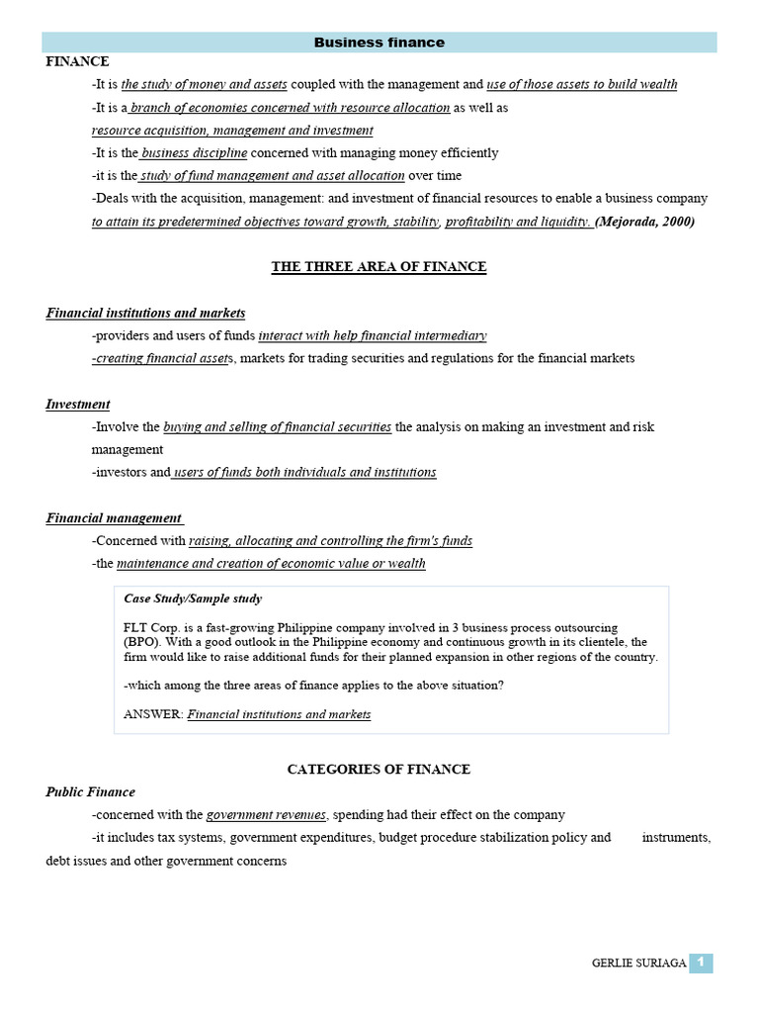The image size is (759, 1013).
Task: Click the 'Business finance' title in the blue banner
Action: pyautogui.click(x=379, y=43)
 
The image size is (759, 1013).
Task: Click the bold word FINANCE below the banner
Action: pyautogui.click(x=77, y=61)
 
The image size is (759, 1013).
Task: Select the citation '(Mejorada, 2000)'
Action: pyautogui.click(x=645, y=222)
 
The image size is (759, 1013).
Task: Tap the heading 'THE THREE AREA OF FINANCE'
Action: pyautogui.click(x=379, y=267)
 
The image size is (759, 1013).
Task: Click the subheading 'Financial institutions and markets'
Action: pyautogui.click(x=145, y=313)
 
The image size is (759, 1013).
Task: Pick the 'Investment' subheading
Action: pyautogui.click(x=78, y=404)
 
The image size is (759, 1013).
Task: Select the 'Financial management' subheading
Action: pyautogui.click(x=114, y=517)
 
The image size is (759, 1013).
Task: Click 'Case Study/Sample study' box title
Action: pyautogui.click(x=193, y=599)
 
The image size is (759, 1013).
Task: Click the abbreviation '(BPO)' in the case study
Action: pyautogui.click(x=141, y=642)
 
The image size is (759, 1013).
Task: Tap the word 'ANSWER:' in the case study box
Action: pyautogui.click(x=153, y=714)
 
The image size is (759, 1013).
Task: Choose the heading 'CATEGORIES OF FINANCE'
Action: pyautogui.click(x=379, y=769)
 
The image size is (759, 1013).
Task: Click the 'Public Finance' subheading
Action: pyautogui.click(x=91, y=791)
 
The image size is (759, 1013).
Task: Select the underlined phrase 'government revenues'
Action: pyautogui.click(x=266, y=814)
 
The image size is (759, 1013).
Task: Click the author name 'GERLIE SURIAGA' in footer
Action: pyautogui.click(x=638, y=964)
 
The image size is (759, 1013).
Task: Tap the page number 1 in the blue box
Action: pyautogui.click(x=701, y=963)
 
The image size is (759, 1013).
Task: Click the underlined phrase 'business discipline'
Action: pyautogui.click(x=194, y=153)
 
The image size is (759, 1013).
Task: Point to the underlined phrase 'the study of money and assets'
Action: pyautogui.click(x=204, y=84)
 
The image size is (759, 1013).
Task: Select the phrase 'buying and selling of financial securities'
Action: pyautogui.click(x=277, y=426)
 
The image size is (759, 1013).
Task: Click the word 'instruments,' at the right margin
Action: pyautogui.click(x=676, y=837)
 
